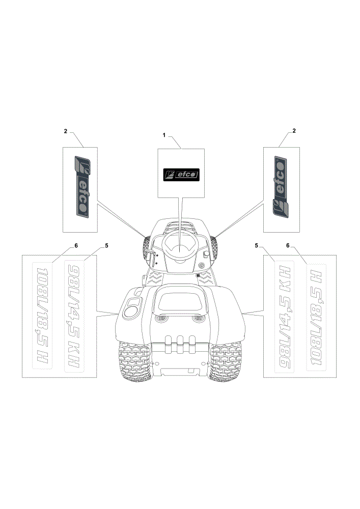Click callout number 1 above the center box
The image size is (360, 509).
coord(164,135)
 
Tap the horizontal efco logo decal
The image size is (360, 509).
coord(181,175)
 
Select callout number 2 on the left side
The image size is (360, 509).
coord(66,131)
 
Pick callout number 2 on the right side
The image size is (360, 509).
coord(294,131)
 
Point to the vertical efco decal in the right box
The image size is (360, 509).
coord(280,186)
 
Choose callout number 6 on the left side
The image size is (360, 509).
coord(76,246)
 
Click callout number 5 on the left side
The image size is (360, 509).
coord(106,246)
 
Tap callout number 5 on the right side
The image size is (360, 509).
coord(257,246)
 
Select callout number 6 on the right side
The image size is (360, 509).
coord(288,246)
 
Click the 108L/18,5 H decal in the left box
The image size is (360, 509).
coord(43,315)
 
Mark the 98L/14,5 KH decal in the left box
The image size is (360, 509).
coord(74,317)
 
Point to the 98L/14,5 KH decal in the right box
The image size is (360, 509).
coord(285,317)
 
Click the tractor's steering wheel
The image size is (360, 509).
coord(181,241)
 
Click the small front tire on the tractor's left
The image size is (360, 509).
coord(146,248)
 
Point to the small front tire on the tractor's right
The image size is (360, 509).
coord(214,248)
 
